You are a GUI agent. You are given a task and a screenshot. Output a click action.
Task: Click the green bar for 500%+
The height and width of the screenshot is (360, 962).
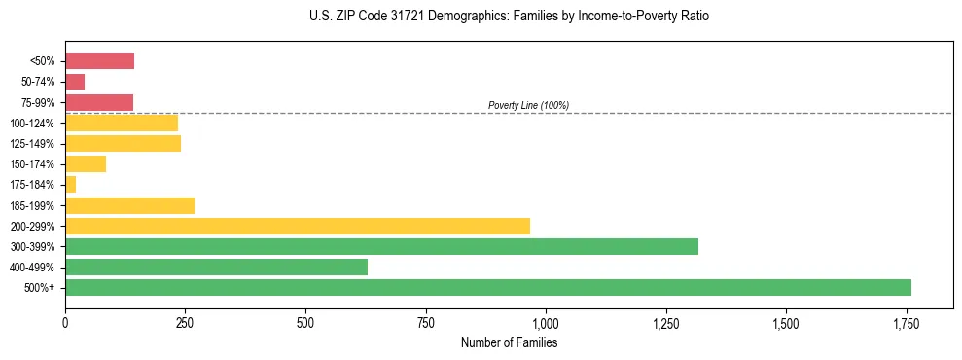point(487,288)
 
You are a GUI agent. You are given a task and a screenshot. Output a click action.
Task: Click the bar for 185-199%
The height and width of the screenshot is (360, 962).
point(129,205)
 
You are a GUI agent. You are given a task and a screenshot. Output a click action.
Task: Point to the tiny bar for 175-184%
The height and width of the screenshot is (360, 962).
point(70,185)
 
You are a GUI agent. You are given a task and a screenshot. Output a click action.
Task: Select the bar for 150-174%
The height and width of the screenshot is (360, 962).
point(86,164)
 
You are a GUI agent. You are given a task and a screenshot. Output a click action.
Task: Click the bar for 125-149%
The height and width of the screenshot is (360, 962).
point(123,144)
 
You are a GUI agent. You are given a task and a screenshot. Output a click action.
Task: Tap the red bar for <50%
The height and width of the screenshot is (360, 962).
point(99,61)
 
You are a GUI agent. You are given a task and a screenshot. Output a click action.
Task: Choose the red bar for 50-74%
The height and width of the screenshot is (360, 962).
point(75,82)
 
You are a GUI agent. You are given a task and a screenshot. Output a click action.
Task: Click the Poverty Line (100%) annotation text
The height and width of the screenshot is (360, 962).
point(528,105)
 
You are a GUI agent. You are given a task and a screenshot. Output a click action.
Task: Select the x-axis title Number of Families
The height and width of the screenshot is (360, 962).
point(509,342)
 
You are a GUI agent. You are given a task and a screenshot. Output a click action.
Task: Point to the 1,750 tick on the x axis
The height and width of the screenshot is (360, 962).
point(906,323)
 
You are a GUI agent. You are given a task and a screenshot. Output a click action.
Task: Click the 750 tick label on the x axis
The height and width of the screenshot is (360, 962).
point(425,323)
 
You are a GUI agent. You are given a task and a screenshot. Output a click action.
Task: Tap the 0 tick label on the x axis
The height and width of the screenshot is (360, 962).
point(65,323)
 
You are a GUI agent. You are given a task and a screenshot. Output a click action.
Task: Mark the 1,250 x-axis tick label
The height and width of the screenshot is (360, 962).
point(665,323)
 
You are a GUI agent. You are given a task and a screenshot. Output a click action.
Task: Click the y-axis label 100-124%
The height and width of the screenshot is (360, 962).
point(32,124)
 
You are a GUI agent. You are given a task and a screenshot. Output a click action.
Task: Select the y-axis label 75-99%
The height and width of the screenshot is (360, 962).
point(37,103)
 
